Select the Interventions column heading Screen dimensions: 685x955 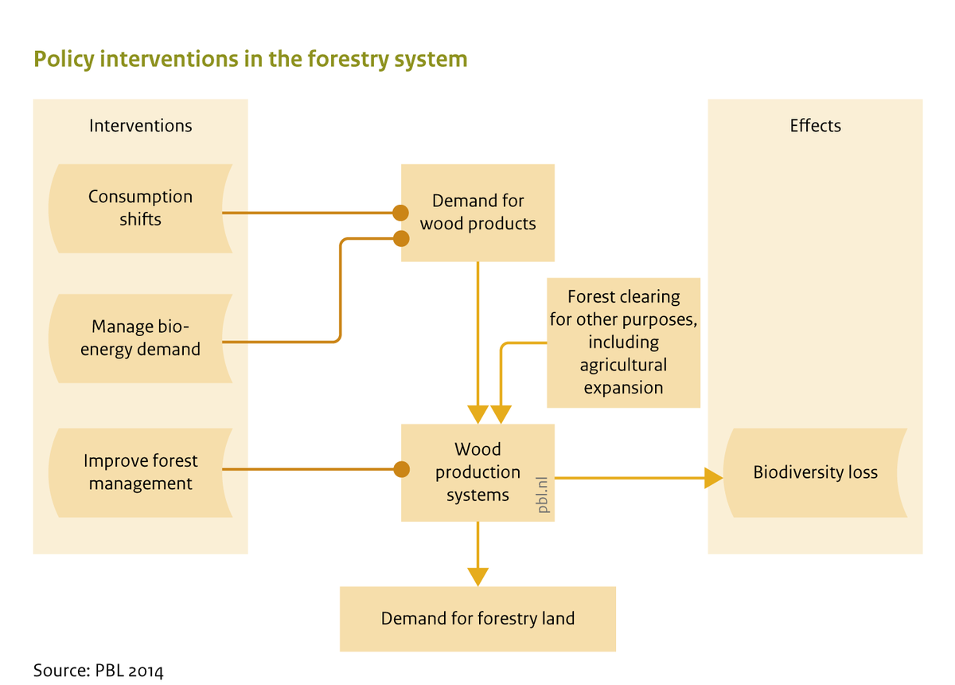pyautogui.click(x=140, y=126)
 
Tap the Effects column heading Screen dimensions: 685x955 pyautogui.click(x=815, y=126)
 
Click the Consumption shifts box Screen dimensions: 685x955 pyautogui.click(x=140, y=208)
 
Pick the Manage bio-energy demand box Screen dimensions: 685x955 pyautogui.click(x=140, y=338)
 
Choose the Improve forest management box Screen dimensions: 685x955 pyautogui.click(x=140, y=472)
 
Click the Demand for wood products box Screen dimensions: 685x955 pyautogui.click(x=477, y=213)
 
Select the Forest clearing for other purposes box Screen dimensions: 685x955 pyautogui.click(x=623, y=342)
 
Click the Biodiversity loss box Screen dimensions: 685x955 pyautogui.click(x=815, y=472)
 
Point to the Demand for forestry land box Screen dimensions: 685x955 pyautogui.click(x=477, y=619)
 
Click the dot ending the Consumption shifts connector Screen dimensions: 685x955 pyautogui.click(x=401, y=213)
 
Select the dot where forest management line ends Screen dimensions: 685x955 pyautogui.click(x=401, y=469)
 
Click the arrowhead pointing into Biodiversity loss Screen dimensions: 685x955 pyautogui.click(x=714, y=478)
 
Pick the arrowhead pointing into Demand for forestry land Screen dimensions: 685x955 pyautogui.click(x=477, y=576)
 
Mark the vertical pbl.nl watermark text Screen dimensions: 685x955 pyautogui.click(x=544, y=495)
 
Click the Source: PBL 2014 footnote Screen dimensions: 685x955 pyautogui.click(x=98, y=670)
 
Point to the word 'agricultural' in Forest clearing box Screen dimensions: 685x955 pyautogui.click(x=623, y=365)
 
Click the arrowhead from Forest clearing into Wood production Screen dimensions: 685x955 pyautogui.click(x=501, y=414)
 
